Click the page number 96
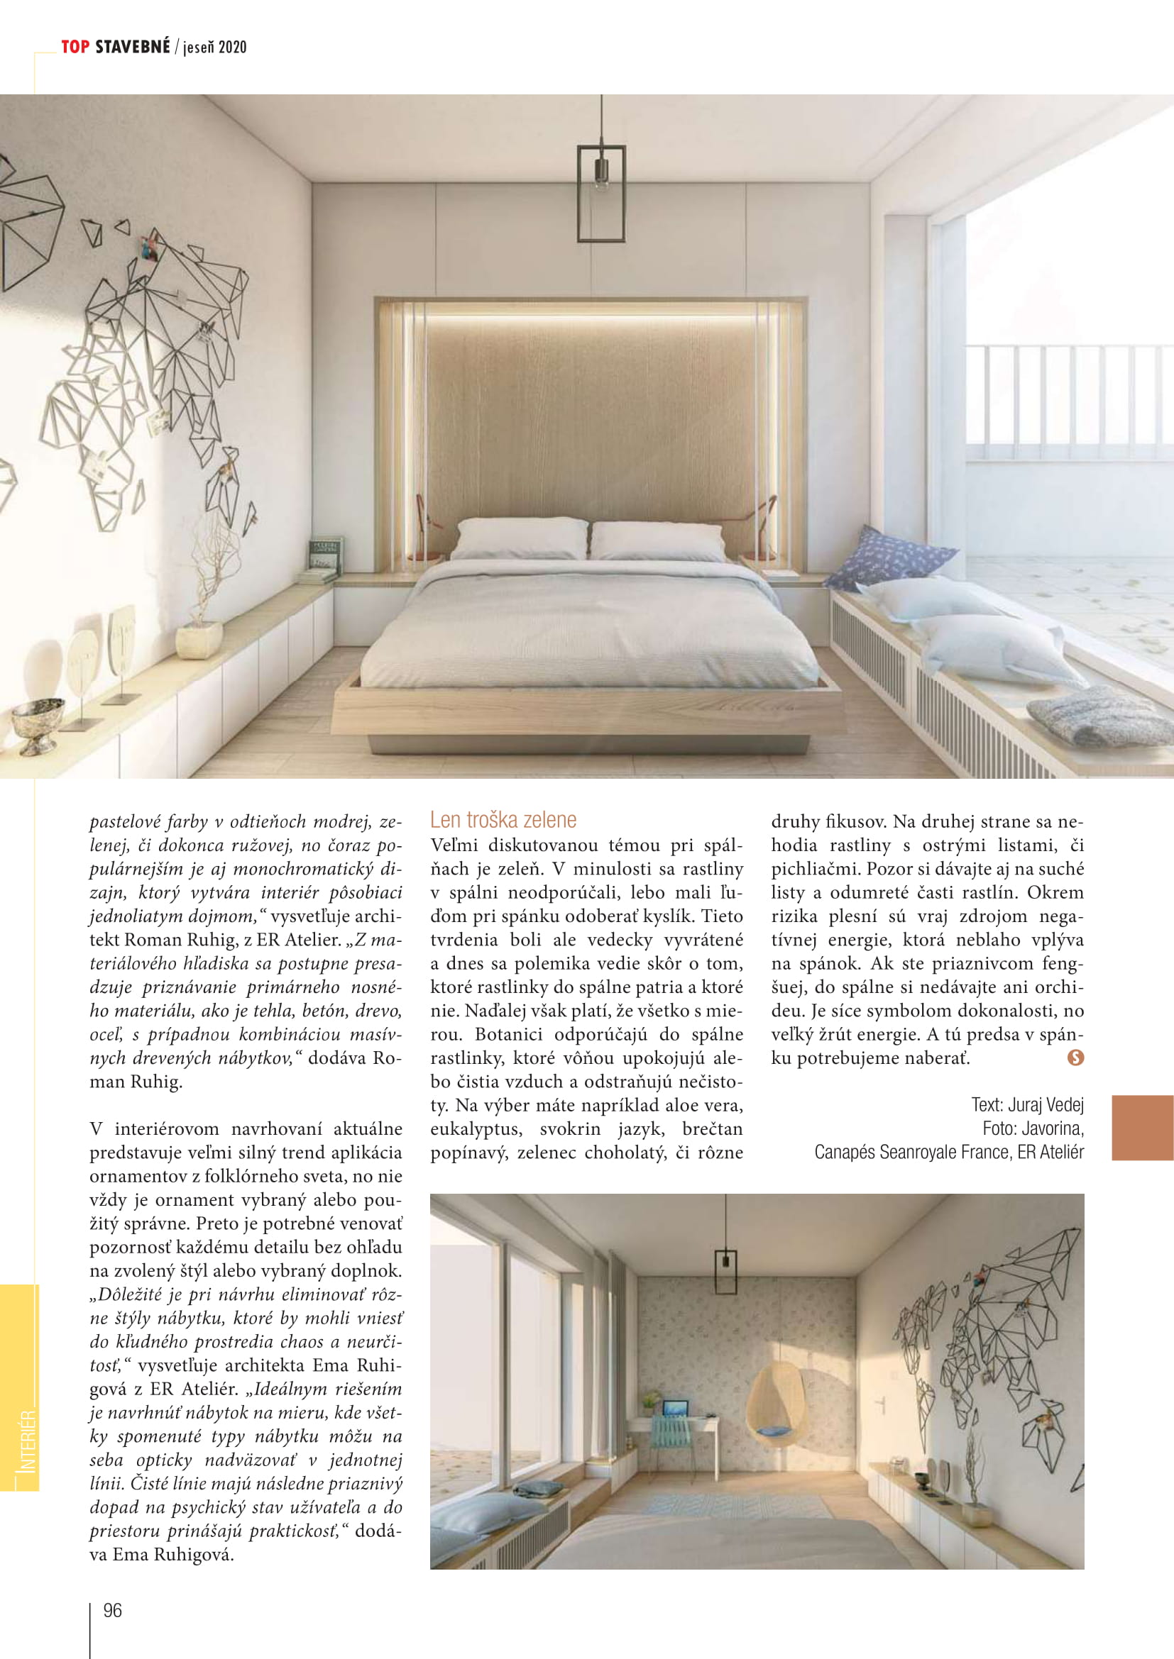(113, 1610)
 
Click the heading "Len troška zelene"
(503, 819)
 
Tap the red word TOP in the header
(75, 47)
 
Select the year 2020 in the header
(232, 48)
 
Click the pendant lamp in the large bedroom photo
(600, 193)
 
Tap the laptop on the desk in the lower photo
(676, 1409)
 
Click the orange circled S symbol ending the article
(1075, 1058)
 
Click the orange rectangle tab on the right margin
(1142, 1128)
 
